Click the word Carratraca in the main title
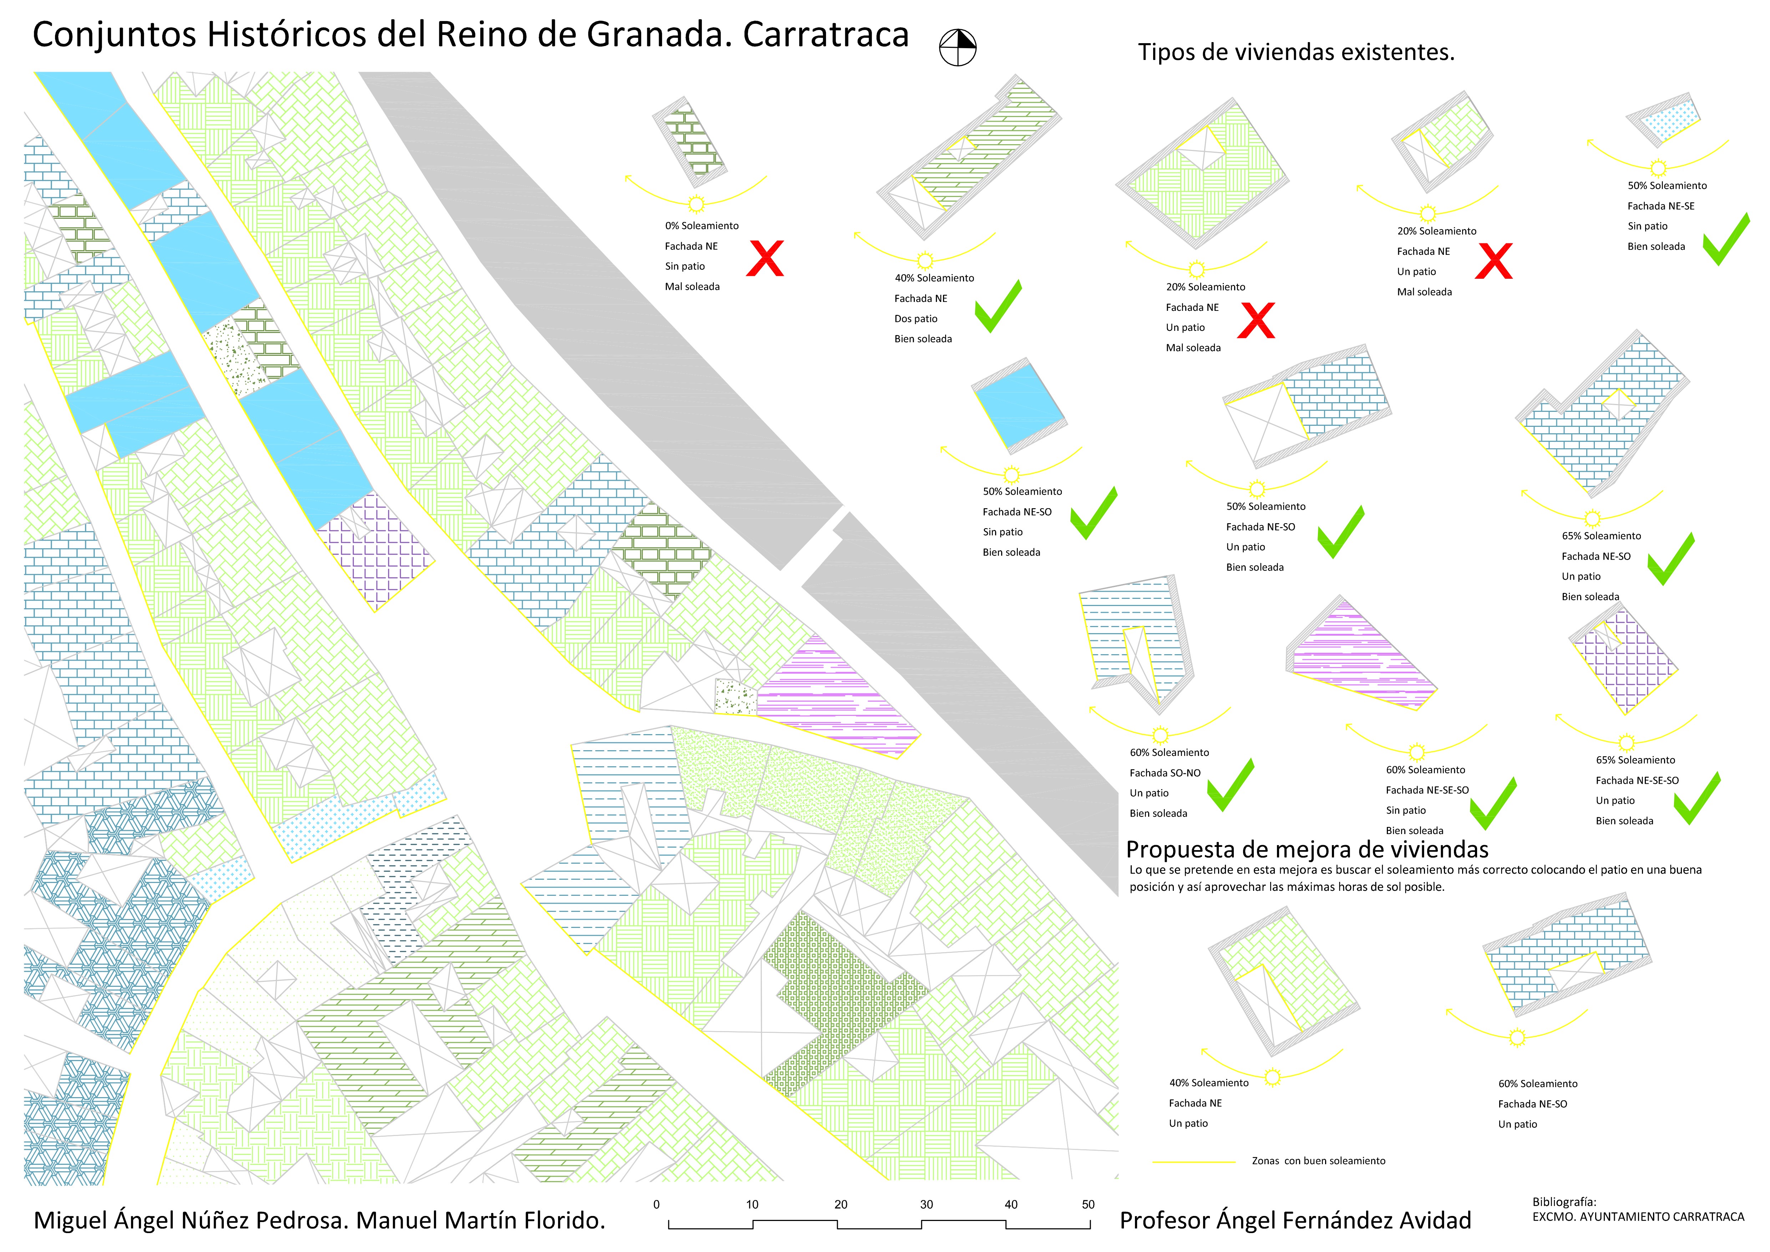pos(826,35)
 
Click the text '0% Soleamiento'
pos(701,226)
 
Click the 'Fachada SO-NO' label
pos(1165,772)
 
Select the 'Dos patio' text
pos(916,318)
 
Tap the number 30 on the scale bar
pos(927,1204)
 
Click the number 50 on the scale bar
pos(1088,1204)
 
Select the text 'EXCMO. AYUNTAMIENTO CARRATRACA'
pos(1638,1217)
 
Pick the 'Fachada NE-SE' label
pos(1660,206)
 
